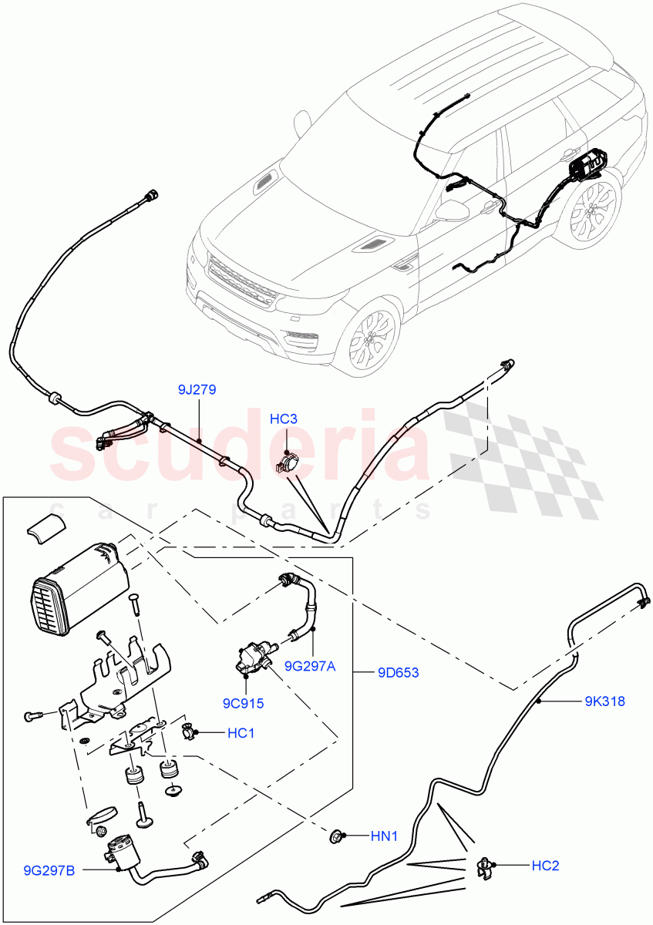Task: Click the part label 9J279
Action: (197, 390)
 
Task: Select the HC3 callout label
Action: (284, 419)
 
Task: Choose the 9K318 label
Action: (604, 701)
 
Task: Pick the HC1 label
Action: (241, 733)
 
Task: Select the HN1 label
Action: (385, 836)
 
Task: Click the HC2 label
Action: (544, 866)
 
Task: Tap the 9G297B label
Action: (49, 870)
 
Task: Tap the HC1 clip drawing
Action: (187, 731)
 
